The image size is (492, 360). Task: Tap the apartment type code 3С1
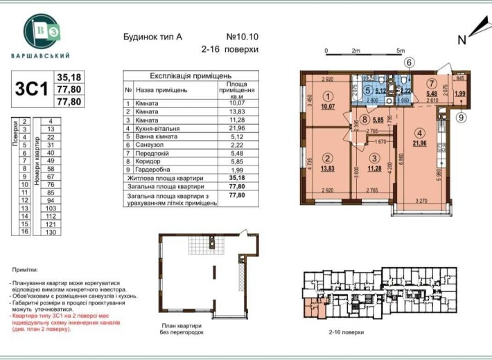(x=30, y=89)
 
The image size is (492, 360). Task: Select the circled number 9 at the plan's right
(x=461, y=117)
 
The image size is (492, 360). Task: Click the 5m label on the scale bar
(x=400, y=51)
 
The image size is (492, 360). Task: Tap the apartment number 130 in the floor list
(x=50, y=233)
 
